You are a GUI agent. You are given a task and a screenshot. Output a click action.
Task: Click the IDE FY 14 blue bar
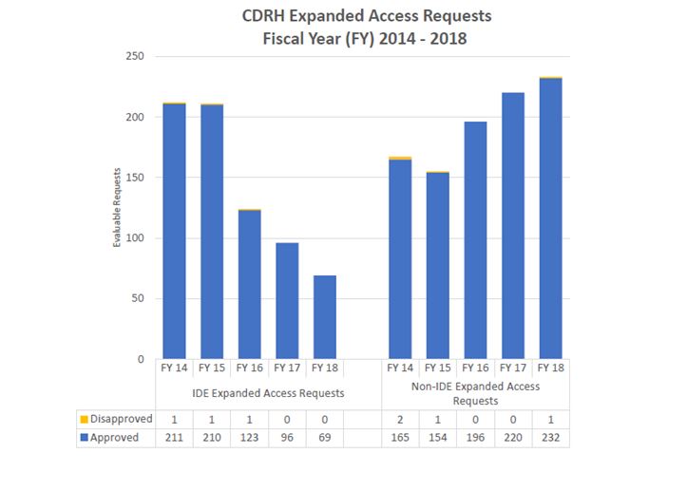(x=174, y=232)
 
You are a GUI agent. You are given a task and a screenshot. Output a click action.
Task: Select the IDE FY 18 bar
(x=324, y=317)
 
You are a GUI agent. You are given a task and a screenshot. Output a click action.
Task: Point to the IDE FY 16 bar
(x=249, y=285)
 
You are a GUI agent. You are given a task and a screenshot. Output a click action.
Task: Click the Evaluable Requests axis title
(x=118, y=208)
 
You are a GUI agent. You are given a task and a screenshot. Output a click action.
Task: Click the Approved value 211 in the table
(x=174, y=438)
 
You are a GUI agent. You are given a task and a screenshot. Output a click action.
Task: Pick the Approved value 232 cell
(x=550, y=438)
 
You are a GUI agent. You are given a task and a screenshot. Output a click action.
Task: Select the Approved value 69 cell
(x=324, y=438)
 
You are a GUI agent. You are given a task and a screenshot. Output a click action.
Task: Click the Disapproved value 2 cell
(x=400, y=419)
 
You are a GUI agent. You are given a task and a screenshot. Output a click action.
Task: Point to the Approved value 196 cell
(x=475, y=438)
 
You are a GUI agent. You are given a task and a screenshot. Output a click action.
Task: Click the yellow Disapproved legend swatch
(x=85, y=419)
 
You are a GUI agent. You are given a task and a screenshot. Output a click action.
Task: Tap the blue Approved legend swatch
(x=85, y=438)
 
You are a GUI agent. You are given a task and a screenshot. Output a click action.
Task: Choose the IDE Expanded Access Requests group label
(x=249, y=392)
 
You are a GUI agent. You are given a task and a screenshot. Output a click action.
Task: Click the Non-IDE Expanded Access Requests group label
(x=475, y=393)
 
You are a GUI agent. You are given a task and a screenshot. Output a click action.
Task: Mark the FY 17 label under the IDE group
(x=287, y=368)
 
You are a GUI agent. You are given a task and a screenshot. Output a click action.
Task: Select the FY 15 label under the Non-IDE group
(x=437, y=368)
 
